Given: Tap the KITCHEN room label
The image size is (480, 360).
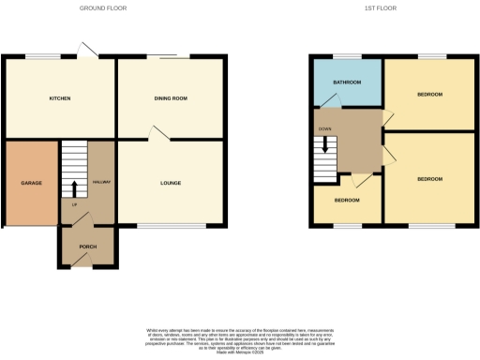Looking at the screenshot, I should [60, 98].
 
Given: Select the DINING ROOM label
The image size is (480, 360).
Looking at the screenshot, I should [171, 98].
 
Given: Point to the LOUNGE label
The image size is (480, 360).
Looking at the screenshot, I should [171, 183].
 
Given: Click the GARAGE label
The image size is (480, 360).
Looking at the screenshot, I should [32, 183].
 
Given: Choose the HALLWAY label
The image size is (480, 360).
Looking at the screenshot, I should [102, 183].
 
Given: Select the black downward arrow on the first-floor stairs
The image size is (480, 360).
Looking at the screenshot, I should [325, 144].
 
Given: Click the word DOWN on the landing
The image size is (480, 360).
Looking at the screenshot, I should [325, 128].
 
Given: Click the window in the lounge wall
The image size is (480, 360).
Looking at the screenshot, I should [171, 226].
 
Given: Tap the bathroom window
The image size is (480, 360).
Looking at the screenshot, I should [348, 58].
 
